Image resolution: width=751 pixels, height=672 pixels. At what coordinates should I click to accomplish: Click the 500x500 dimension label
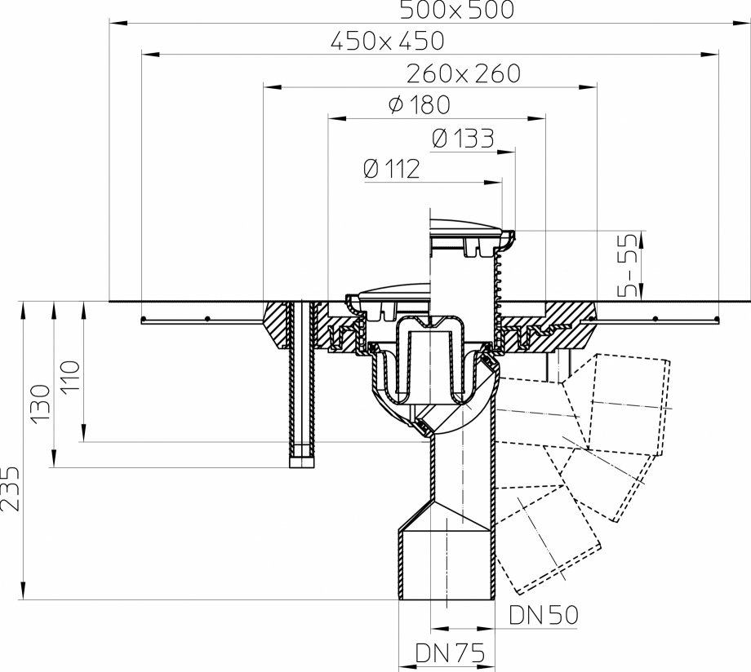(457, 10)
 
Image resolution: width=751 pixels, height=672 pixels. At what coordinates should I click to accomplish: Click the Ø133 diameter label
(463, 139)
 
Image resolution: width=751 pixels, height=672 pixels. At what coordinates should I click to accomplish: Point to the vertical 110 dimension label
(70, 377)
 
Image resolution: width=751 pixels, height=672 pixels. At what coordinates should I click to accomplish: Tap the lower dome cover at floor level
(389, 292)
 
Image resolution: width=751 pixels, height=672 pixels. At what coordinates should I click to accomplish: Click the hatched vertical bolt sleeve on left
(300, 383)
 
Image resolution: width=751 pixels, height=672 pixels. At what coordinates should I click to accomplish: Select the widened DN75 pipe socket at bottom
(447, 563)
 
